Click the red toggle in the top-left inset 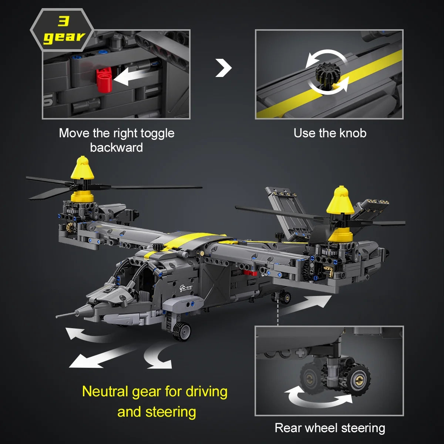point(104,80)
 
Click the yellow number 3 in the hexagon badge point(63,21)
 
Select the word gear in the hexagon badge point(64,37)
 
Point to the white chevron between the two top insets point(223,68)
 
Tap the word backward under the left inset point(116,148)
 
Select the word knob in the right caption point(353,133)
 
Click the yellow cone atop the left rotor point(83,168)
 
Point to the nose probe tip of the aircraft point(57,317)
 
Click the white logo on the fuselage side point(186,288)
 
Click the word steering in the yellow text point(171,412)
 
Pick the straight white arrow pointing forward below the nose point(101,356)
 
